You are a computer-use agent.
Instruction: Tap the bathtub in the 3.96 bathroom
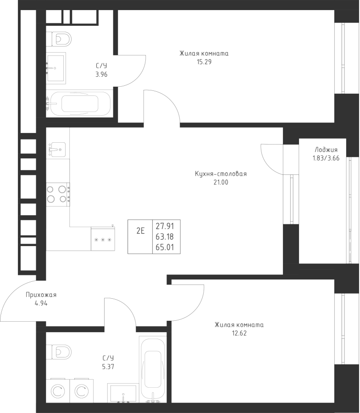point(80,104)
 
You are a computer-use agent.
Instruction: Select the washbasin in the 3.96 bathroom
point(56,67)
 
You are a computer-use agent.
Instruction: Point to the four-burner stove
point(57,193)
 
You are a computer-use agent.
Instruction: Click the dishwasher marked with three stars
point(103,239)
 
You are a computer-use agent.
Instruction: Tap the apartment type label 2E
point(140,231)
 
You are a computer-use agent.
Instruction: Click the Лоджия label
point(326,150)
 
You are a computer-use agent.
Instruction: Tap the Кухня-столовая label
point(220,174)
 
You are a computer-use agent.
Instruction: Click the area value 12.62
point(238,333)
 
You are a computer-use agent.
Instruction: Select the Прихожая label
point(41,295)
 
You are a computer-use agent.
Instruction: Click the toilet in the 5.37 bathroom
point(60,352)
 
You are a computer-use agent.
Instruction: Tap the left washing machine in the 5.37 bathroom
point(57,391)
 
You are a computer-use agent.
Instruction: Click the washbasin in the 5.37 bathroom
point(123,394)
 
